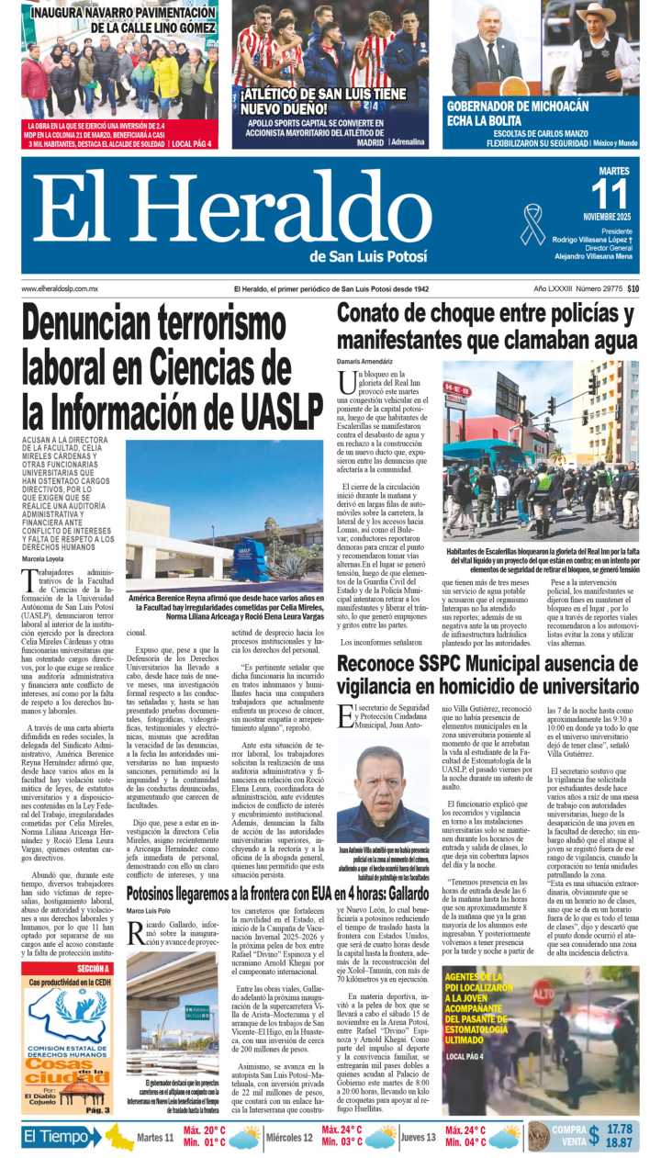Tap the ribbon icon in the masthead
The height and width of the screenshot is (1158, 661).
(x=532, y=222)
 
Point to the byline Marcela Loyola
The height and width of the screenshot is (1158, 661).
(x=44, y=558)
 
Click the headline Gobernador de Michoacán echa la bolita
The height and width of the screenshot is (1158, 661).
(x=517, y=113)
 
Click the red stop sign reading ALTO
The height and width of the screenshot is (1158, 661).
(x=543, y=994)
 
